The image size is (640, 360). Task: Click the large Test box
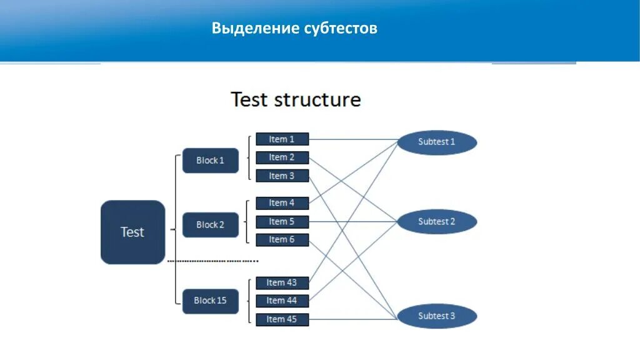132,232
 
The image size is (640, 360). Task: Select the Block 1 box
210,161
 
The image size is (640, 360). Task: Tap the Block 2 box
210,225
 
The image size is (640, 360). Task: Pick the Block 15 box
210,301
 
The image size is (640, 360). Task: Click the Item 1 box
282,139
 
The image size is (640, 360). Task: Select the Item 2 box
282,157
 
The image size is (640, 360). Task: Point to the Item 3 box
282,176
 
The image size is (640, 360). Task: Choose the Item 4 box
282,203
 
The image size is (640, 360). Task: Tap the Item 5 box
282,222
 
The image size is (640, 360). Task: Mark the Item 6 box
282,240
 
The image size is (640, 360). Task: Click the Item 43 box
282,283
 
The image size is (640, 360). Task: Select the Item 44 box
282,301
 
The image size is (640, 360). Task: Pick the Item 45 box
282,319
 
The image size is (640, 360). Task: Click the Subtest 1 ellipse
437,142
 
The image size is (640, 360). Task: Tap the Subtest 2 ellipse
437,222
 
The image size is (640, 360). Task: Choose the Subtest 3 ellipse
437,316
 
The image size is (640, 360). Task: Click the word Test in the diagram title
250,100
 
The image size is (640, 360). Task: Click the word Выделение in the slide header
255,28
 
